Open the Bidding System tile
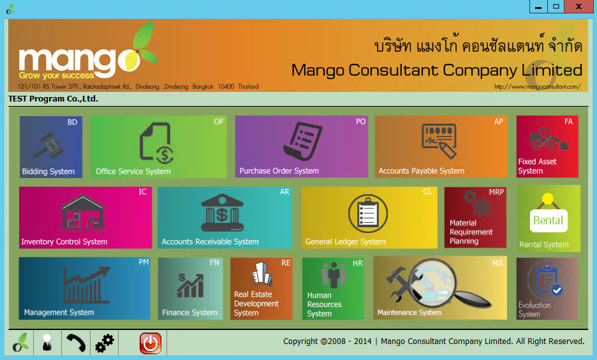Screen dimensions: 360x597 click(51, 147)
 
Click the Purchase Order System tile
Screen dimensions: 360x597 click(301, 147)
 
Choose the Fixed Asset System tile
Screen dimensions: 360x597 click(547, 147)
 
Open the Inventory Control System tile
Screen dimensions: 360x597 click(85, 218)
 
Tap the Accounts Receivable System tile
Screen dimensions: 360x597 click(225, 218)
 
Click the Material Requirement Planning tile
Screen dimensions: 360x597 click(475, 218)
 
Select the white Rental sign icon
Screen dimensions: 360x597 click(549, 220)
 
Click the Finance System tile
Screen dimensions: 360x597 click(190, 289)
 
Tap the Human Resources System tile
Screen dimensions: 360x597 click(333, 289)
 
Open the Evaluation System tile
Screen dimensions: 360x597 click(547, 289)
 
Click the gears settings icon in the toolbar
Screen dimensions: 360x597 click(105, 343)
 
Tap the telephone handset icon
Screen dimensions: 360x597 click(75, 343)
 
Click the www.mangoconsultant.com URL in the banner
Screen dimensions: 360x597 click(538, 86)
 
